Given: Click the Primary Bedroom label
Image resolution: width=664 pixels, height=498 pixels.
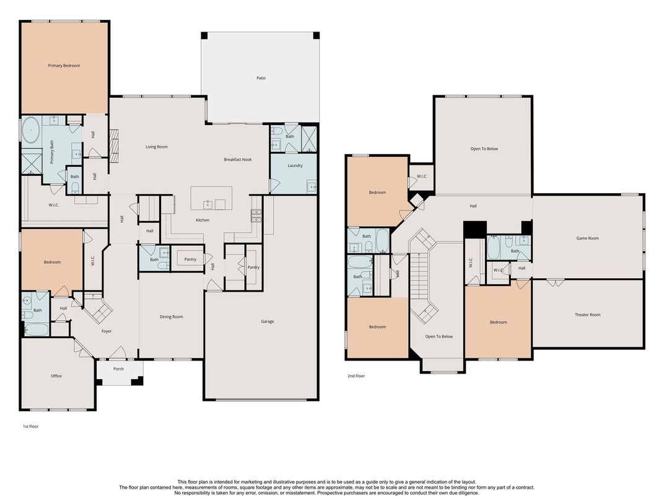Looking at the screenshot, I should (64, 66).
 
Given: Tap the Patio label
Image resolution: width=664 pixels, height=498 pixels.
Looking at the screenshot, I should (261, 78).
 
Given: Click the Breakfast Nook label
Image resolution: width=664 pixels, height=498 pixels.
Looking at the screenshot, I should (238, 160).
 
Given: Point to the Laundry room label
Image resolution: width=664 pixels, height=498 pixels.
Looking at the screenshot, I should (295, 165).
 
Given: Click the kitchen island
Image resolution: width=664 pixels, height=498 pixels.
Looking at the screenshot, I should (211, 198).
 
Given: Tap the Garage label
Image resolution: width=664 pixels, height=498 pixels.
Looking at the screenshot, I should (267, 321).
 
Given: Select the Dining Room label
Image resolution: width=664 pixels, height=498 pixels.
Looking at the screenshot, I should (171, 317).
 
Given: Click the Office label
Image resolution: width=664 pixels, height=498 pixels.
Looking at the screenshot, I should (56, 376).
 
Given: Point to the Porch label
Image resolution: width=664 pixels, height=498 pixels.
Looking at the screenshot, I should (118, 369).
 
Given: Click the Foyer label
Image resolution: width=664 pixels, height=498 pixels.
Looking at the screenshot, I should (107, 331).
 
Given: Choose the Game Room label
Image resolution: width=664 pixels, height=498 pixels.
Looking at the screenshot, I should (587, 238).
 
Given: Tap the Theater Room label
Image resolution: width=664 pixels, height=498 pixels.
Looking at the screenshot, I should (587, 315).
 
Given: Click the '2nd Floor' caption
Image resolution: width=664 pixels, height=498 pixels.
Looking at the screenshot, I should (356, 376).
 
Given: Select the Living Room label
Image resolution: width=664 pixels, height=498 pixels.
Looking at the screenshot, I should (157, 147).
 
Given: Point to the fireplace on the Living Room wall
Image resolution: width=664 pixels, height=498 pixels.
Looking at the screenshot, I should (113, 141).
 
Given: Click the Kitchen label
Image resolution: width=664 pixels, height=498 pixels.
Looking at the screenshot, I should (203, 220).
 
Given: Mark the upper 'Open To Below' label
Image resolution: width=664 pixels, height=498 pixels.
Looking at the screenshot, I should (484, 149).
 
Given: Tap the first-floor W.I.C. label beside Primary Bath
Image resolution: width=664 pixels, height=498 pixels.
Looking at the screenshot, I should (54, 205).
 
